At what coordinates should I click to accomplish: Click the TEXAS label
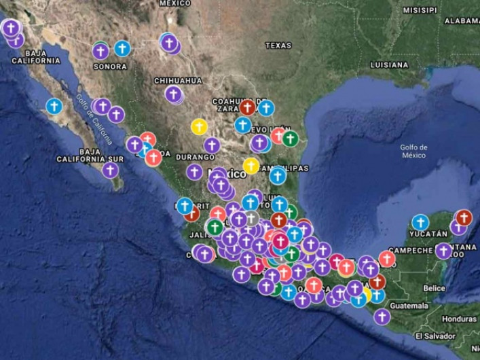pyautogui.click(x=278, y=46)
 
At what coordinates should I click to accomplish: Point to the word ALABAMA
pyautogui.click(x=462, y=21)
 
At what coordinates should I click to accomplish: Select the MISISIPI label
pyautogui.click(x=420, y=10)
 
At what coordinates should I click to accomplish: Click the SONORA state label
pyautogui.click(x=110, y=67)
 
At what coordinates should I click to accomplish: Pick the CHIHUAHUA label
pyautogui.click(x=178, y=80)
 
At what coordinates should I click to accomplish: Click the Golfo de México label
pyautogui.click(x=413, y=151)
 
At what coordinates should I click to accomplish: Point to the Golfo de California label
pyautogui.click(x=94, y=119)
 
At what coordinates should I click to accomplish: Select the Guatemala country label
pyautogui.click(x=409, y=306)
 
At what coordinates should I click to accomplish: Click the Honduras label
pyautogui.click(x=459, y=319)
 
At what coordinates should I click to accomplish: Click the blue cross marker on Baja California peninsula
pyautogui.click(x=54, y=107)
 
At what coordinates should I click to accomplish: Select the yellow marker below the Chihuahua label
pyautogui.click(x=199, y=126)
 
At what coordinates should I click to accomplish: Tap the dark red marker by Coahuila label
pyautogui.click(x=247, y=107)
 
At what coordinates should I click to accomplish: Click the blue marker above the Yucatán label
pyautogui.click(x=420, y=223)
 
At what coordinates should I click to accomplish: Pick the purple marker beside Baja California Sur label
pyautogui.click(x=111, y=170)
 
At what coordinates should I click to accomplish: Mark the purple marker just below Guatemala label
pyautogui.click(x=382, y=317)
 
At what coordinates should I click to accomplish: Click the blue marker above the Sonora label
pyautogui.click(x=122, y=48)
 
